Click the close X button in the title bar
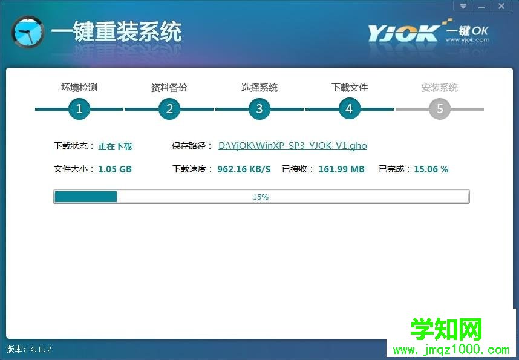(x=501, y=6)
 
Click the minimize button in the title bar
(x=481, y=6)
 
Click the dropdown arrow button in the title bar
(x=463, y=6)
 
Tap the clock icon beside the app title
(x=28, y=32)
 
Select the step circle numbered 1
(x=79, y=109)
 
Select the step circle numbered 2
(x=169, y=109)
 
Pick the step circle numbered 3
(x=259, y=109)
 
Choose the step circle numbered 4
(x=350, y=109)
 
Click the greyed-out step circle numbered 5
(x=440, y=109)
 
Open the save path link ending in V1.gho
(x=293, y=146)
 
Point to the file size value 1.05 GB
(x=115, y=169)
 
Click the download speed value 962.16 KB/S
(x=244, y=169)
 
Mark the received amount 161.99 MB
(x=341, y=169)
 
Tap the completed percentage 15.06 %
(x=431, y=169)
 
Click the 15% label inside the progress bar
(x=261, y=197)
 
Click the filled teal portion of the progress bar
(x=86, y=197)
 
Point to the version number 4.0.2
(x=41, y=349)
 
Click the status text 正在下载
(x=115, y=146)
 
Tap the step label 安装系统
(x=440, y=88)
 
